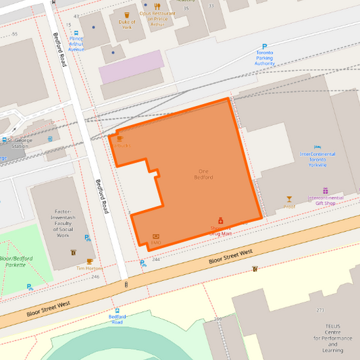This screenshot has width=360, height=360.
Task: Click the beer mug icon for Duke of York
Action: (126, 14)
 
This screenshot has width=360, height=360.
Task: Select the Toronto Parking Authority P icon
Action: (264, 47)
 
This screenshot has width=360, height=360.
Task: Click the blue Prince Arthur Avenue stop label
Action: (76, 44)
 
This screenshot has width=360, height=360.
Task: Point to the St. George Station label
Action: (20, 143)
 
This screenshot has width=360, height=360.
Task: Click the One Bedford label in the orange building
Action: (204, 174)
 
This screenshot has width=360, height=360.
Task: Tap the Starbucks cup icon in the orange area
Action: (120, 138)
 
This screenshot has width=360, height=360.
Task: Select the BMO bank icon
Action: (156, 235)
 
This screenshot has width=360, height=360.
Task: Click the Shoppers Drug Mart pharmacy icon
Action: (220, 221)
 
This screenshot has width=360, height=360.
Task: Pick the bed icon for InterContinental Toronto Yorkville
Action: (317, 147)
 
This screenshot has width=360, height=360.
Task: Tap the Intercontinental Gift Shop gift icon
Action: (325, 191)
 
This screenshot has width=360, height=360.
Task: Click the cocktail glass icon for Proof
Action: (289, 199)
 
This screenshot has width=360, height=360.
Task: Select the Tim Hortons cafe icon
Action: (89, 261)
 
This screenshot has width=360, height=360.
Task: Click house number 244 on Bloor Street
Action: (156, 259)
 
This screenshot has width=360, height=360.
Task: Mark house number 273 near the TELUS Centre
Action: (320, 311)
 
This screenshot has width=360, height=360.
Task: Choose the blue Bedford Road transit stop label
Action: (118, 319)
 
